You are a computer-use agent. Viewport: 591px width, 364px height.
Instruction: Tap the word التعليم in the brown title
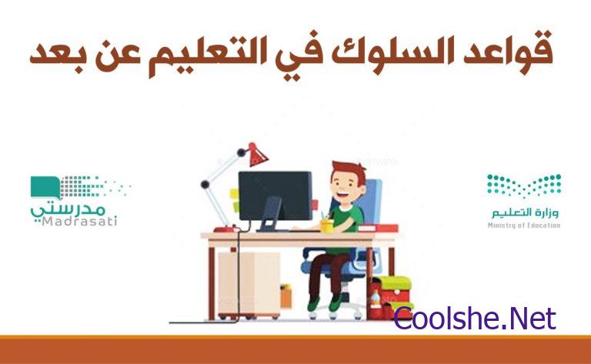pos(200,55)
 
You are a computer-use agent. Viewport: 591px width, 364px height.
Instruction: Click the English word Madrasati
pos(79,221)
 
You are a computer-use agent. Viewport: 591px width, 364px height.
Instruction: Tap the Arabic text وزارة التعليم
pos(525,212)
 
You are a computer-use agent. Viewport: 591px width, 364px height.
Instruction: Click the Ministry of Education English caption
pos(524,225)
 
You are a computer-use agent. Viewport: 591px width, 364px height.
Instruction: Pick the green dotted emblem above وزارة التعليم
pos(524,185)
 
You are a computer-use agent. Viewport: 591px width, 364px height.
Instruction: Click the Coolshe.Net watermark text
pos(475,319)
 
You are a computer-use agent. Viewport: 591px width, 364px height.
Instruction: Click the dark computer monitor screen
pos(275,195)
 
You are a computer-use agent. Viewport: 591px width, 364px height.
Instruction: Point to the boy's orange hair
pos(349,170)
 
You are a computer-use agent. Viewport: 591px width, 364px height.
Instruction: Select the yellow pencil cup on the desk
pos(326,225)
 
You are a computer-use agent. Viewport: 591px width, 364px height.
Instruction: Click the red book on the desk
pos(378,228)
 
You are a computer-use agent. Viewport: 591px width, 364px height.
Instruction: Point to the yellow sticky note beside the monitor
pos(235,194)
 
